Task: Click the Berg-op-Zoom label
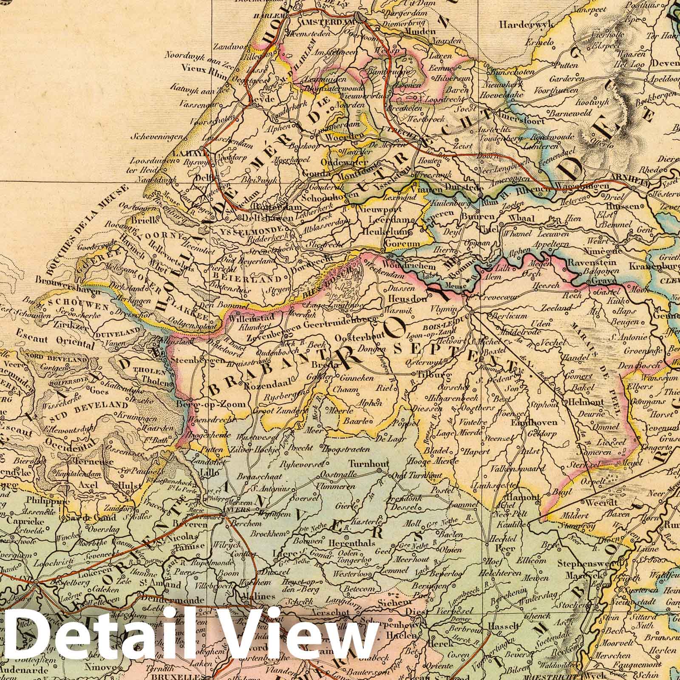[210, 404]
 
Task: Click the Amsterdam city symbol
[361, 18]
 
